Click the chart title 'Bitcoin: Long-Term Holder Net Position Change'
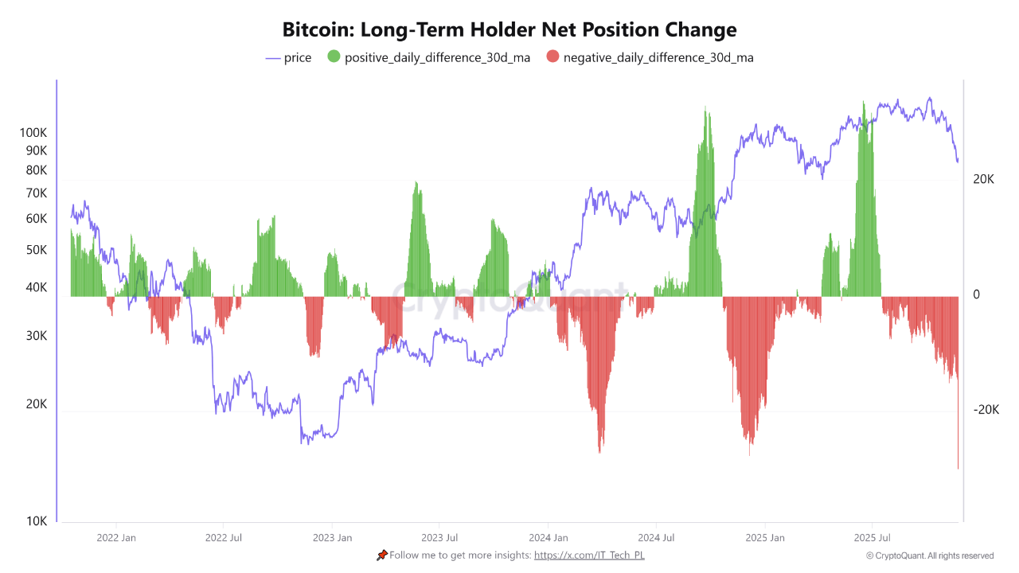click(x=509, y=30)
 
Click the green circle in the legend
click(x=334, y=57)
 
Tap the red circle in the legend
click(x=552, y=57)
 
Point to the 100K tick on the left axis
click(x=33, y=133)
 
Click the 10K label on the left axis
click(x=37, y=521)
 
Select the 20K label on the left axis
click(x=36, y=404)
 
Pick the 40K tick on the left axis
click(x=36, y=287)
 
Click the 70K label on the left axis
click(x=36, y=193)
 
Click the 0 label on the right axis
click(x=976, y=295)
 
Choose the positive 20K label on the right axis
click(x=983, y=180)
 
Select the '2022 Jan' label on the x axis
click(x=116, y=538)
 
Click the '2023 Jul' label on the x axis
click(x=439, y=538)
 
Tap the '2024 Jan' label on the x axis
click(x=549, y=538)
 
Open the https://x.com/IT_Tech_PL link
click(x=589, y=555)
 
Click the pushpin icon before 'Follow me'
click(x=382, y=555)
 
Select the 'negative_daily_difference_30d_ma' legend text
click(x=658, y=57)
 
